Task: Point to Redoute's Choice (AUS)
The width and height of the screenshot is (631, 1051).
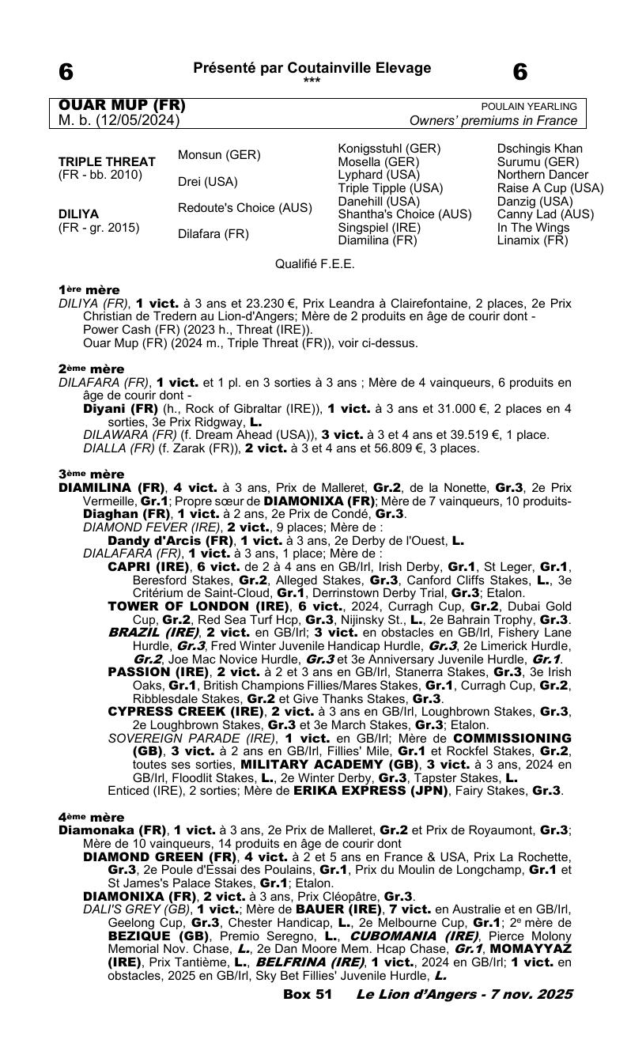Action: point(244,207)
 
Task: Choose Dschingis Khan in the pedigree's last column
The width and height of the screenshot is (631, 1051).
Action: point(540,149)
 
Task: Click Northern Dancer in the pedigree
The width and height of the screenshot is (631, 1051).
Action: point(542,175)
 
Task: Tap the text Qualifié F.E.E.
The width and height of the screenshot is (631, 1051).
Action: point(315,263)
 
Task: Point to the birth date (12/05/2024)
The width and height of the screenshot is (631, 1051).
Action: point(134,121)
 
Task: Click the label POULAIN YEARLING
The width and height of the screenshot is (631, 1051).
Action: point(529,107)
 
